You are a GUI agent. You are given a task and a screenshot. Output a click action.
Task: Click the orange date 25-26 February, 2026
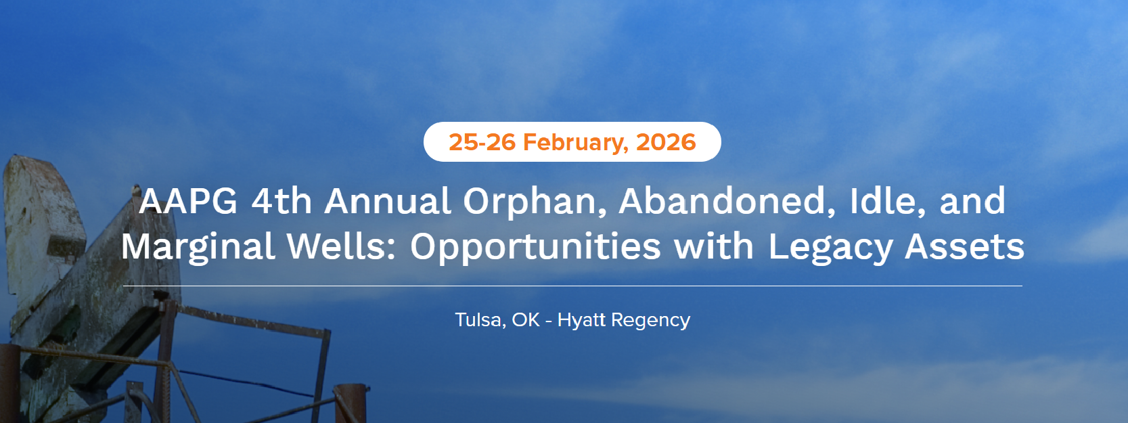pyautogui.click(x=572, y=142)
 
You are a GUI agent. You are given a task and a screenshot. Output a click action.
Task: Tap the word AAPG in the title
pyautogui.click(x=188, y=201)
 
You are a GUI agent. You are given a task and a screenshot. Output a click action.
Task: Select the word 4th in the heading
pyautogui.click(x=281, y=201)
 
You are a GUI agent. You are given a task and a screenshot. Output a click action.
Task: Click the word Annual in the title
pyautogui.click(x=387, y=201)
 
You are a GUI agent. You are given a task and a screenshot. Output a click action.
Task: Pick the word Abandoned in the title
pyautogui.click(x=726, y=201)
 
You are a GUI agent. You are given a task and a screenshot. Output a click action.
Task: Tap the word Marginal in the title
pyautogui.click(x=198, y=247)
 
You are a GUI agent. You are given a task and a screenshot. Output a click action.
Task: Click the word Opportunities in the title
pyautogui.click(x=536, y=247)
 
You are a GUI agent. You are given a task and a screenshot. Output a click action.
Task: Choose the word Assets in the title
pyautogui.click(x=964, y=246)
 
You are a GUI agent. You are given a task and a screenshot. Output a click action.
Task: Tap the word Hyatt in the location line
pyautogui.click(x=582, y=319)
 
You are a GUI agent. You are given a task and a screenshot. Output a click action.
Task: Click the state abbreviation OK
pyautogui.click(x=526, y=319)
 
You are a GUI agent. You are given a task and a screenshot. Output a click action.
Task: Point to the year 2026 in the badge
pyautogui.click(x=666, y=142)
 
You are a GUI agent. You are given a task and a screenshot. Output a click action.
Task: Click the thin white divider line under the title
pyautogui.click(x=572, y=286)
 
